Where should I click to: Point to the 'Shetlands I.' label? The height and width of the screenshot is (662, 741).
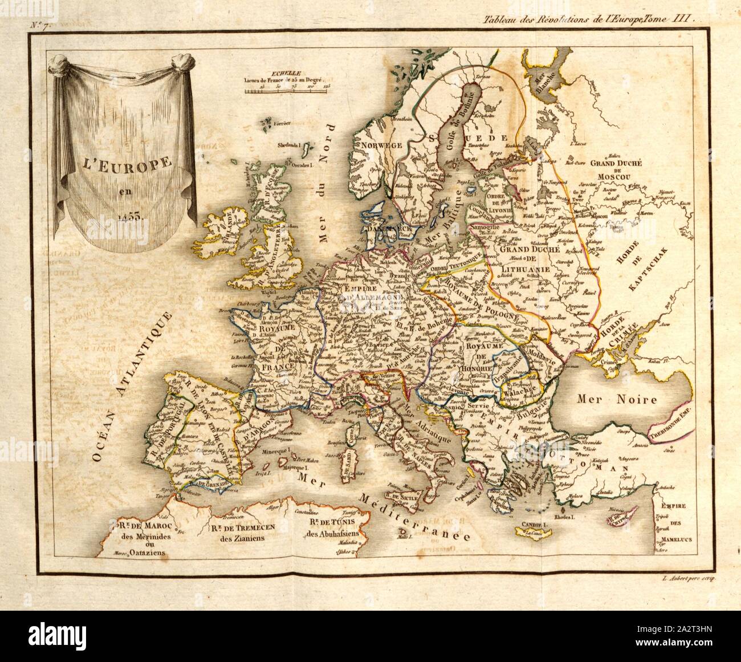coord(290,145)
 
